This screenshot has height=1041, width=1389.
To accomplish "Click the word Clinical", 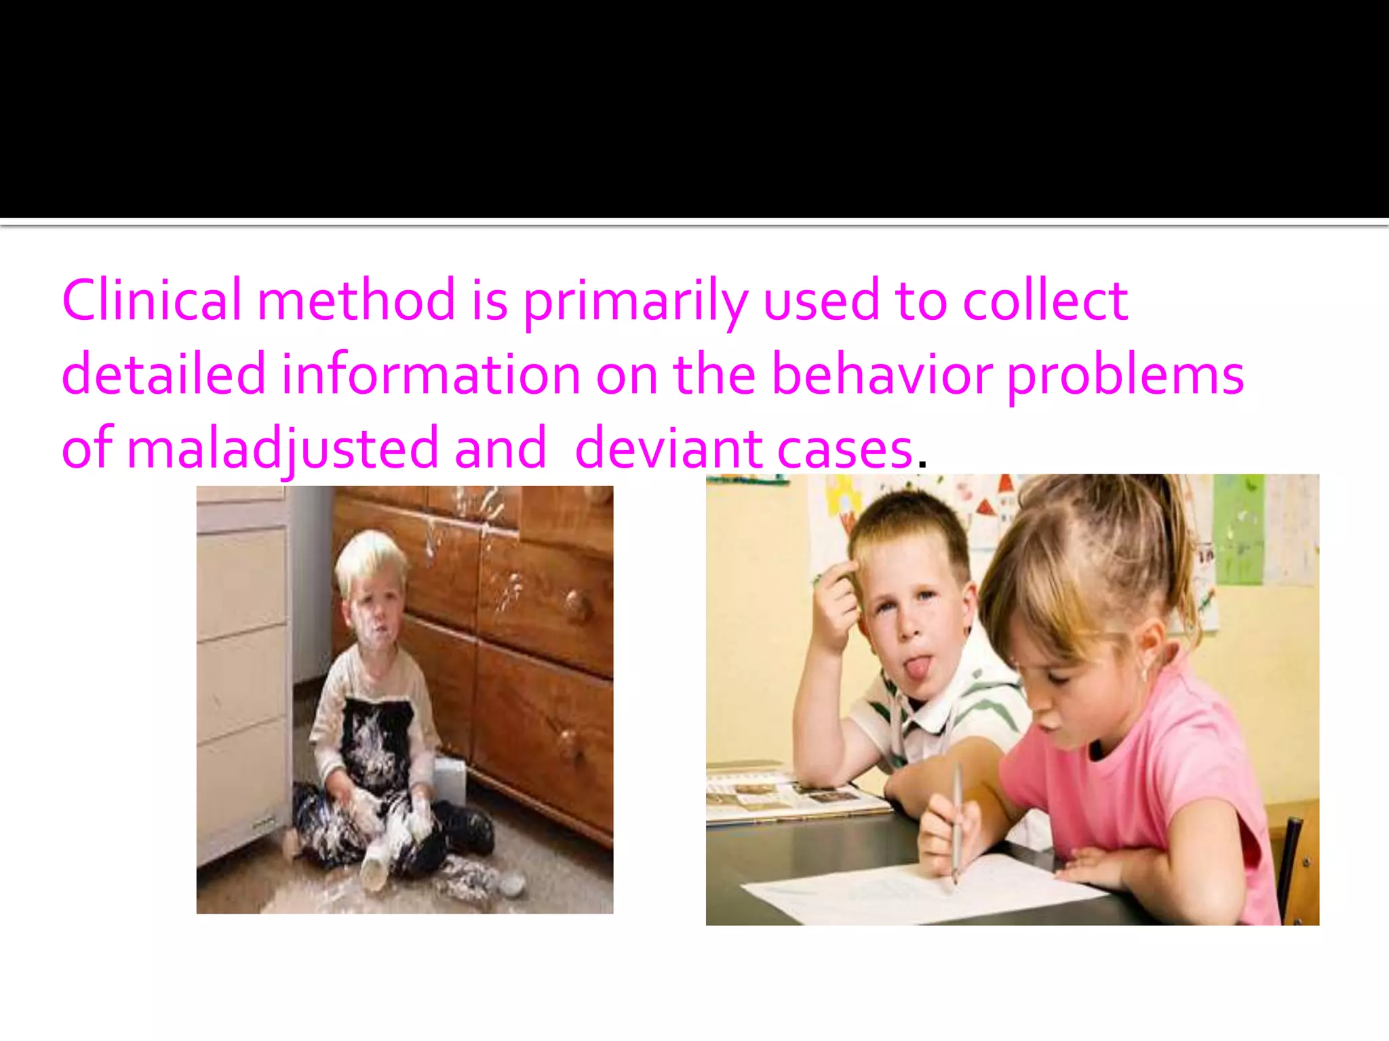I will pos(151,300).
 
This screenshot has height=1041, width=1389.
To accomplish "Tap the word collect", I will pos(1045,300).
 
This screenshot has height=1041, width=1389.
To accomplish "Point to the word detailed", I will pos(163,374).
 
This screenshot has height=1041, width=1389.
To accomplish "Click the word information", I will pos(431,374).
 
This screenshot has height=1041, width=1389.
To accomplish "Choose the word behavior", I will pos(882,374).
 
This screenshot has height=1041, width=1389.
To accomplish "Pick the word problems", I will pos(1125,375).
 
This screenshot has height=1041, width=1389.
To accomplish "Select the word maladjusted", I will pos(283,449).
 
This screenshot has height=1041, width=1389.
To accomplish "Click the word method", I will pos(356,300).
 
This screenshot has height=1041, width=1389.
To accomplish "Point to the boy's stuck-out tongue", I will pos(918,668).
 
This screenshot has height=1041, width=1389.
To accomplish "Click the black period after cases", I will pos(922,464).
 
